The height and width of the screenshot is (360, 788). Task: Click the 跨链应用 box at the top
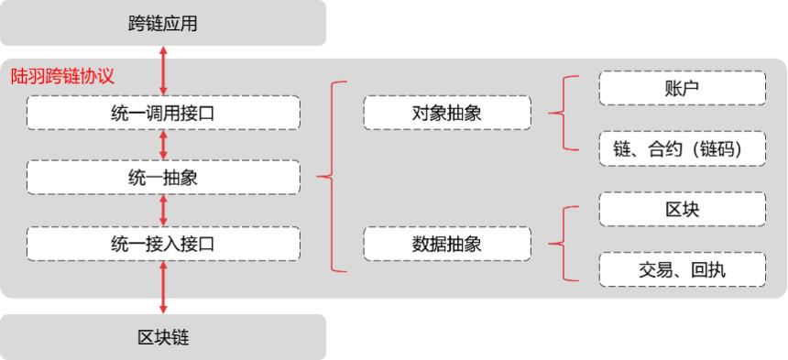coord(163,23)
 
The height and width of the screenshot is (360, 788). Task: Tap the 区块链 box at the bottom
coord(163,337)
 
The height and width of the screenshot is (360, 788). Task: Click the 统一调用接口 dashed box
coord(163,113)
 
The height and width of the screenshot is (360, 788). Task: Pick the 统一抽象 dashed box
coord(163,178)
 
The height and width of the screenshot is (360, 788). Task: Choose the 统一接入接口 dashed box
coord(163,244)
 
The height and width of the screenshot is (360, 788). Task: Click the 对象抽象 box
coord(447,114)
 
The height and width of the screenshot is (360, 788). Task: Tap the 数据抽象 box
coord(447,244)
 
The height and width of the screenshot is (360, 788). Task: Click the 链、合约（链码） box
coord(682,147)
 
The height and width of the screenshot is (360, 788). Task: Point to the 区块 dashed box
coord(682,210)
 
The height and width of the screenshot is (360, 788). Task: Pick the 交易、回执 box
coord(682,267)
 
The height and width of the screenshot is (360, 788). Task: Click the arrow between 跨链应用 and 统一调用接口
coord(163,71)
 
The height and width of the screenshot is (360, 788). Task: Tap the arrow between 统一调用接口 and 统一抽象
coord(163,145)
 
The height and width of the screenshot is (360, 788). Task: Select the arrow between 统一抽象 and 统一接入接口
coord(163,211)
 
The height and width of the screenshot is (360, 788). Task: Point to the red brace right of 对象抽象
coord(564,114)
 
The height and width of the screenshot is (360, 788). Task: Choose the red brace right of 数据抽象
coord(564,243)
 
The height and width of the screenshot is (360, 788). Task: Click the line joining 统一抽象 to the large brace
coord(314,177)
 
